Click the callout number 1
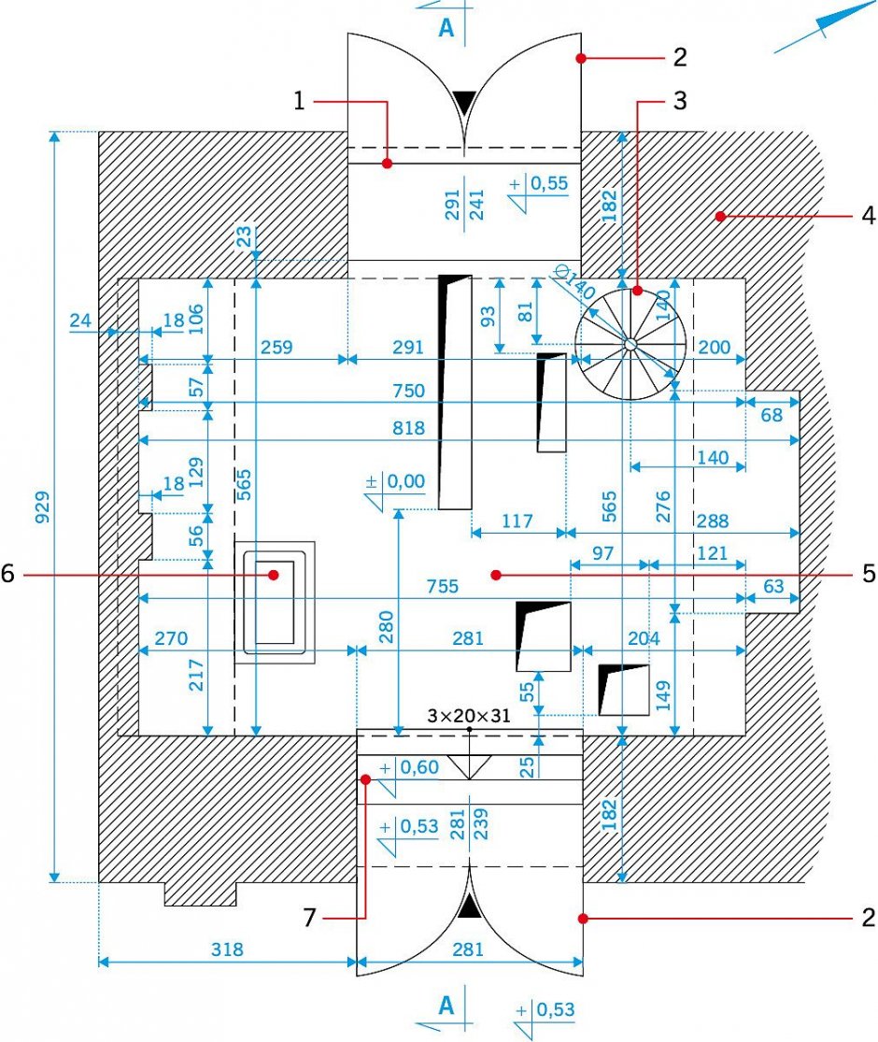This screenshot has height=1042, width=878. pyautogui.click(x=299, y=101)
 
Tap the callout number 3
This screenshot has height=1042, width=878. pyautogui.click(x=679, y=100)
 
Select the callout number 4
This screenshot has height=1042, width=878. pyautogui.click(x=868, y=215)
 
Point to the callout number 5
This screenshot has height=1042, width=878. pyautogui.click(x=869, y=574)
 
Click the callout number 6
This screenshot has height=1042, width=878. pyautogui.click(x=8, y=573)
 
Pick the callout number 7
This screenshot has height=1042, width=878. pyautogui.click(x=309, y=918)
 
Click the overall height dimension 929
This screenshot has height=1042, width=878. pyautogui.click(x=43, y=507)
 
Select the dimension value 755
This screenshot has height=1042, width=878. pyautogui.click(x=443, y=585)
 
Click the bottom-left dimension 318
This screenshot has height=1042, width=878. pyautogui.click(x=227, y=949)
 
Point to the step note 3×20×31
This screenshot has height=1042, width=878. pyautogui.click(x=469, y=716)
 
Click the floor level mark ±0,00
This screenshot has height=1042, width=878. pyautogui.click(x=396, y=481)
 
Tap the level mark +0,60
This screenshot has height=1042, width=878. pyautogui.click(x=409, y=767)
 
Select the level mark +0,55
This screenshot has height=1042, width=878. pyautogui.click(x=540, y=183)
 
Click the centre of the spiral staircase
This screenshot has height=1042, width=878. pyautogui.click(x=630, y=344)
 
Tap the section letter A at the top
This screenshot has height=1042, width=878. pyautogui.click(x=447, y=27)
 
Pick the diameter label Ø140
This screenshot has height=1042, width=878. pyautogui.click(x=574, y=282)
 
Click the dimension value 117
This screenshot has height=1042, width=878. pyautogui.click(x=517, y=521)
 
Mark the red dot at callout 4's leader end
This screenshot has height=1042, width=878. pyautogui.click(x=720, y=216)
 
